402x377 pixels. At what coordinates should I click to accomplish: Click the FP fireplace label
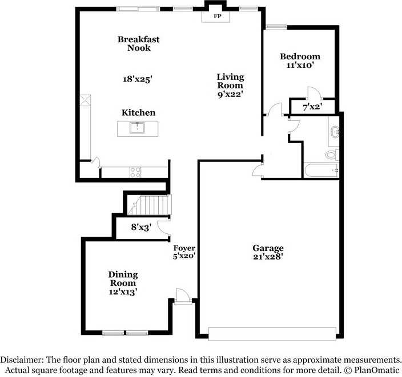[217, 17]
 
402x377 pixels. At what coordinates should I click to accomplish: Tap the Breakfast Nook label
[138, 43]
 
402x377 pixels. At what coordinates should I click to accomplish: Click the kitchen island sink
[138, 127]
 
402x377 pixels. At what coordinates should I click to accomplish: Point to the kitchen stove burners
[136, 171]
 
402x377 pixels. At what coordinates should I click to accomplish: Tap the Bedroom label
[299, 56]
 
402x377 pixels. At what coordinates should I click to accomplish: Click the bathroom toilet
[331, 154]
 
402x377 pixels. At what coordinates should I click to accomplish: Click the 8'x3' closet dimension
[140, 227]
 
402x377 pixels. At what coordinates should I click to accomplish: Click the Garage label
[268, 248]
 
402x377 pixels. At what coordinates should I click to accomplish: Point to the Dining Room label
[123, 279]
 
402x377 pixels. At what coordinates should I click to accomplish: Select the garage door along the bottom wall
[272, 333]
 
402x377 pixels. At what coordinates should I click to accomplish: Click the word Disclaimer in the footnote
[23, 360]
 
